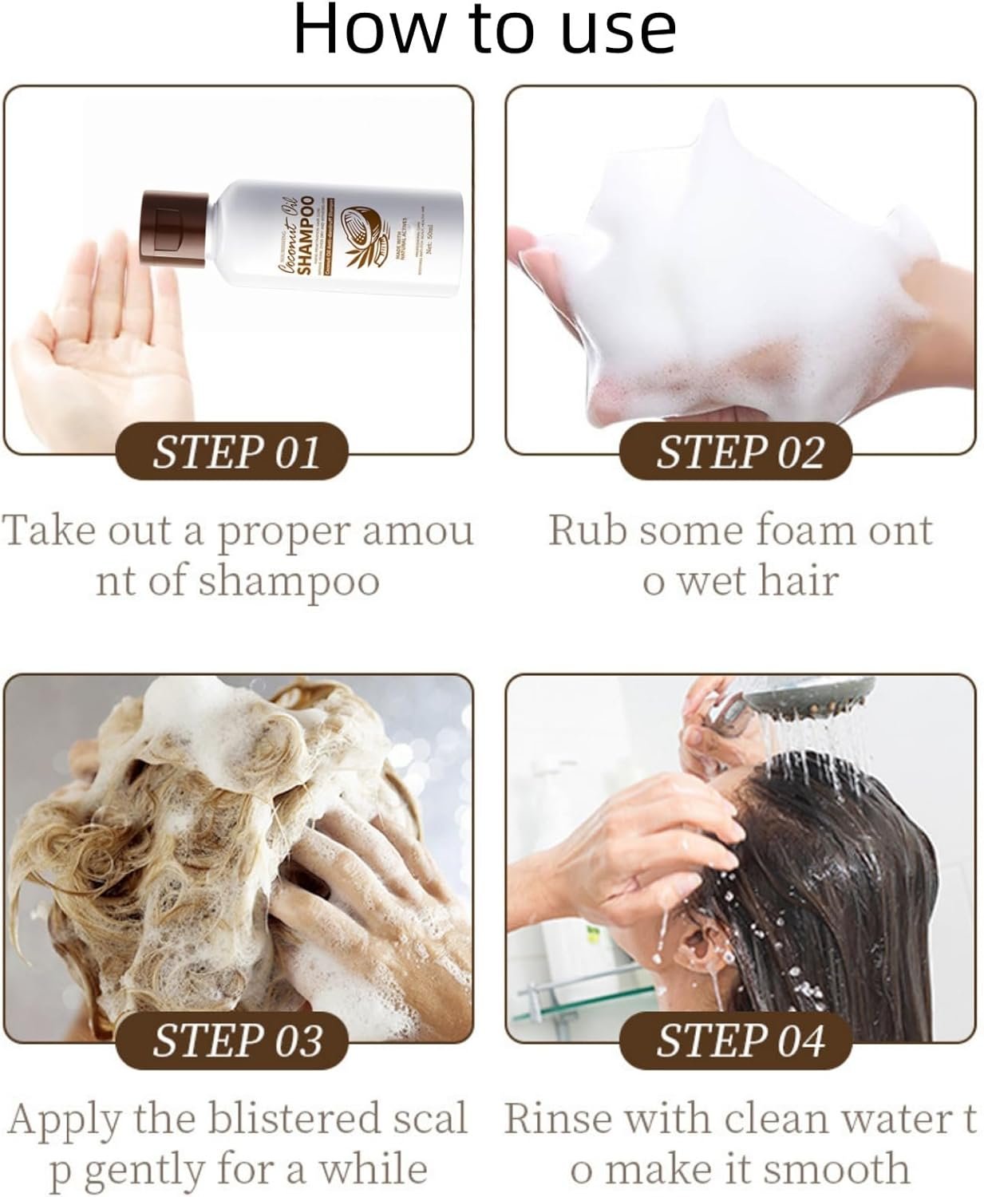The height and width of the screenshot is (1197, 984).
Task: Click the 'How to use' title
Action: pyautogui.click(x=485, y=30)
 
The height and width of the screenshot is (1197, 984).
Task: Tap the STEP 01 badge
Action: pyautogui.click(x=235, y=452)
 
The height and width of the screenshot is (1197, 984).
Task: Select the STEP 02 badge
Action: pyautogui.click(x=739, y=452)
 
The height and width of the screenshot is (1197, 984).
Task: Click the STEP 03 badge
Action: pyautogui.click(x=235, y=1041)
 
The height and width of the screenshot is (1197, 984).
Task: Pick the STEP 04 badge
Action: pyautogui.click(x=739, y=1041)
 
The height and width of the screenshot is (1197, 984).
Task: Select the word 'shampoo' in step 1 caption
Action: pyautogui.click(x=288, y=581)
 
